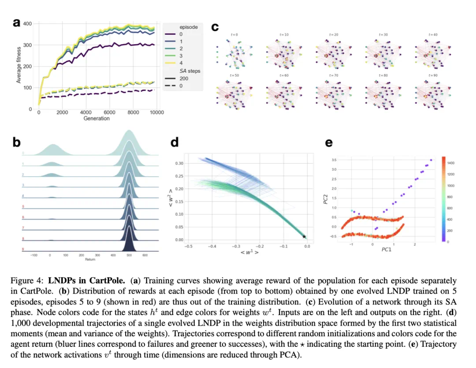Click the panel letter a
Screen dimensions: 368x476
click(x=16, y=23)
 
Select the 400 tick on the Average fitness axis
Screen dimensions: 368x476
click(x=28, y=23)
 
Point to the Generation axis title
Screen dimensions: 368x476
click(x=97, y=118)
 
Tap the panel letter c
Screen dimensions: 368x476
click(x=215, y=27)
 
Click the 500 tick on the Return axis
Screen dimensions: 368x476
click(x=129, y=255)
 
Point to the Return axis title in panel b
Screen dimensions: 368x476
click(x=89, y=260)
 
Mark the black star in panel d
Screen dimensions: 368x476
click(x=304, y=237)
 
